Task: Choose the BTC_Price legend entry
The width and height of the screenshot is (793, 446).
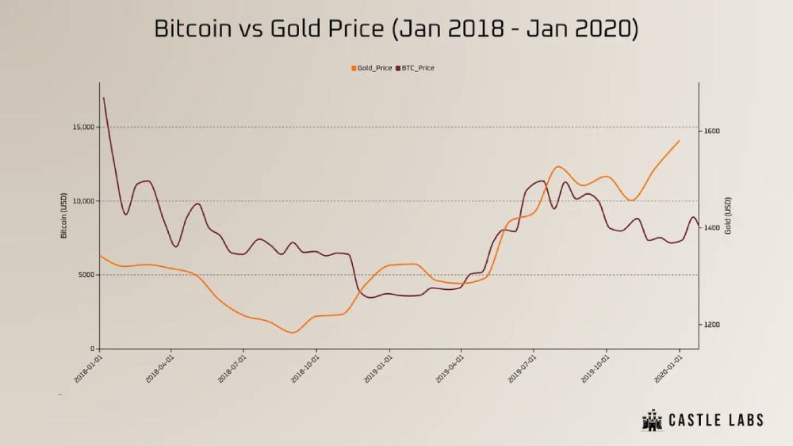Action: (415, 68)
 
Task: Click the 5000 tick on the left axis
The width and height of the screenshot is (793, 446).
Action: (85, 275)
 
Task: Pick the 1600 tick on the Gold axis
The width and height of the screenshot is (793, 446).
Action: (711, 131)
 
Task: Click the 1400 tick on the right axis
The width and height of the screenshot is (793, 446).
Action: (711, 228)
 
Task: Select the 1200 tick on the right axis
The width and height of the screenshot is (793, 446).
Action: (711, 325)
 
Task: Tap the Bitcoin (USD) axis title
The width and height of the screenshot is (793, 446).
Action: (63, 215)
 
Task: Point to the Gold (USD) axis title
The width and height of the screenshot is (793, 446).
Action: (727, 215)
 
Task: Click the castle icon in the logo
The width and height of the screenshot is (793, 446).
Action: (652, 420)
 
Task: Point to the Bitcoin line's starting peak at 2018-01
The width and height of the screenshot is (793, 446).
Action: (104, 97)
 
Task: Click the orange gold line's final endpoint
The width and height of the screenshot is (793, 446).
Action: (680, 140)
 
